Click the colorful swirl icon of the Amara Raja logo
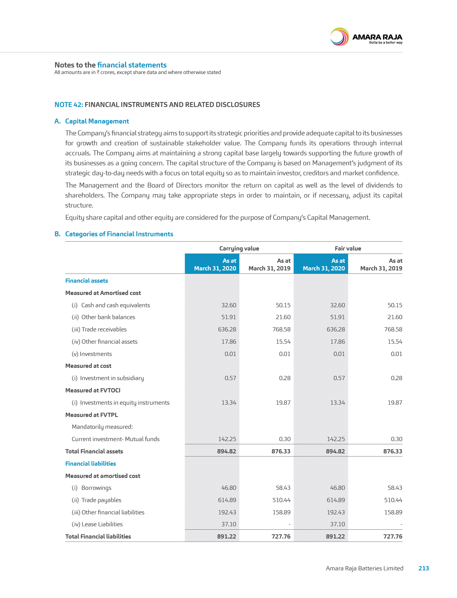tap(340, 37)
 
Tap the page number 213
tap(424, 568)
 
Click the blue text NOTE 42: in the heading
tap(69, 104)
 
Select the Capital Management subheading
tap(97, 121)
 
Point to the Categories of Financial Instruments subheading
tap(119, 234)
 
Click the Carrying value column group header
tap(239, 248)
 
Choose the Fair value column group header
tap(348, 248)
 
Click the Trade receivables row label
tap(99, 329)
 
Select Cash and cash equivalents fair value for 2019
tap(395, 305)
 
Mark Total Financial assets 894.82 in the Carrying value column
tap(226, 451)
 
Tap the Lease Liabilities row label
tap(97, 524)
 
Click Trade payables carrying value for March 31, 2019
tap(281, 500)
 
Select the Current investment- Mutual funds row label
tap(115, 439)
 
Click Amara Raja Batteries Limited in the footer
tap(365, 568)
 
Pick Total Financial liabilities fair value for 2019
tap(393, 537)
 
